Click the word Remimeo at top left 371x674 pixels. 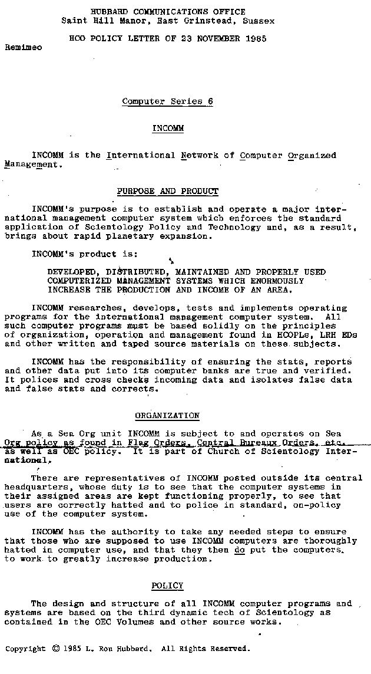pyautogui.click(x=24, y=47)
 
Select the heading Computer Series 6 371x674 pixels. pyautogui.click(x=167, y=101)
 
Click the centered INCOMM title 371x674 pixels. pyautogui.click(x=168, y=129)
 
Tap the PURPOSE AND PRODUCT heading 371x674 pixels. pyautogui.click(x=167, y=192)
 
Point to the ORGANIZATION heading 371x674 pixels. pyautogui.click(x=167, y=416)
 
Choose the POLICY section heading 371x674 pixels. pyautogui.click(x=167, y=586)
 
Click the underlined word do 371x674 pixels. pyautogui.click(x=240, y=550)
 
